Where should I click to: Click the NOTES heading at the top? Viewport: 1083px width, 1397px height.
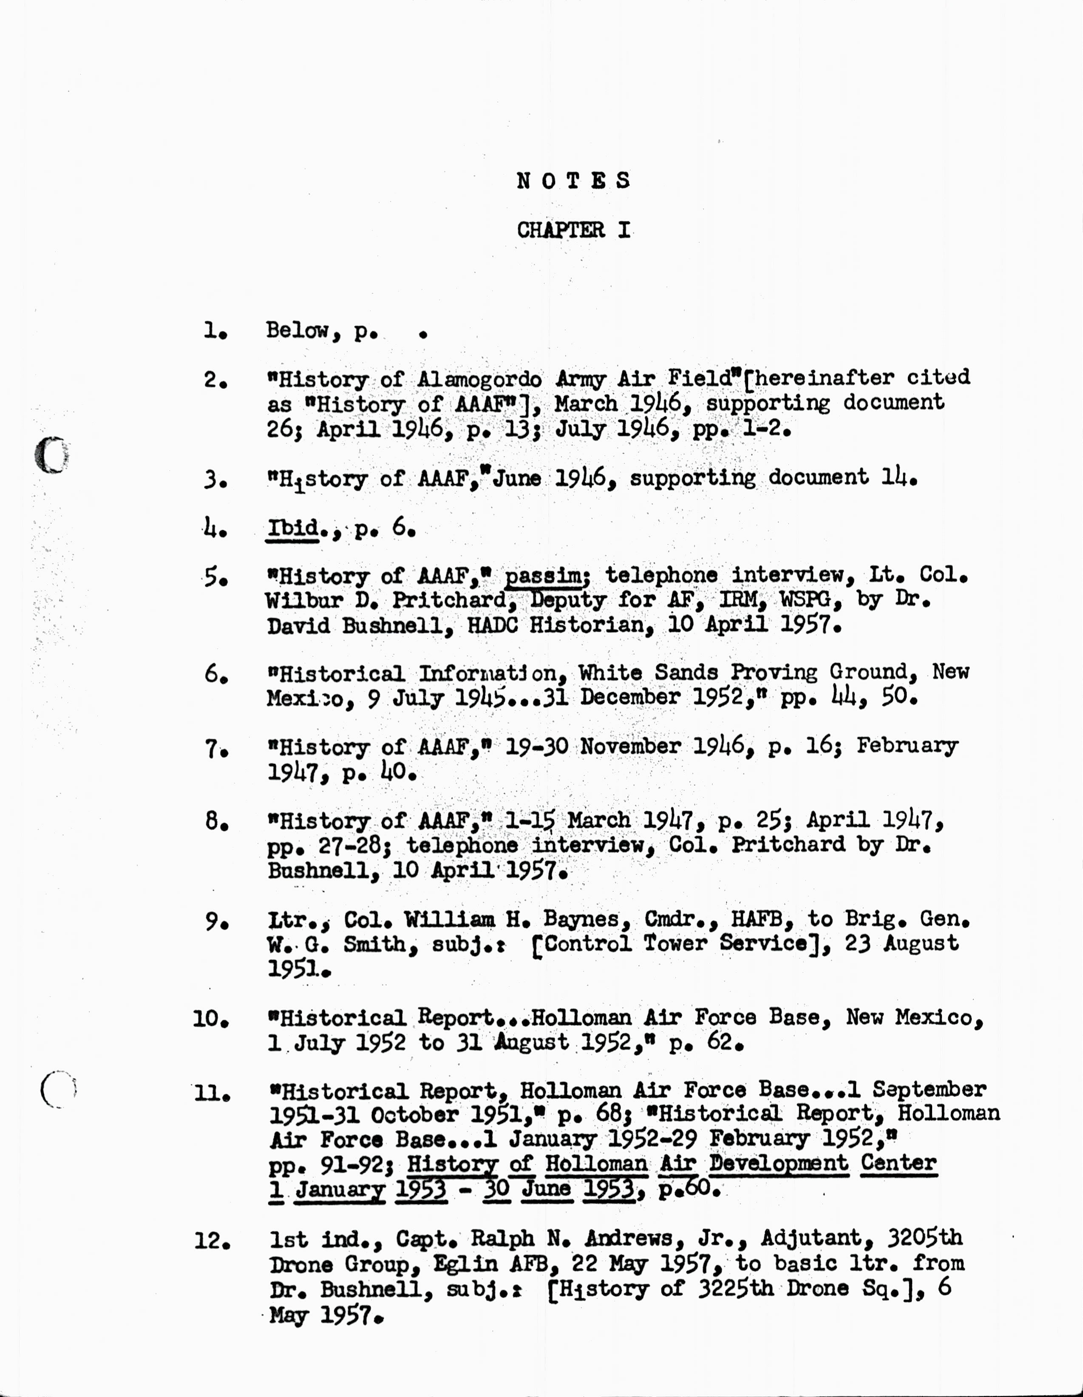coord(573,181)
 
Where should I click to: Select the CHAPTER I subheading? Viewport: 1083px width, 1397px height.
coord(573,230)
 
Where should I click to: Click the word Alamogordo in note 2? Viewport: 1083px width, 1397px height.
coord(479,379)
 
